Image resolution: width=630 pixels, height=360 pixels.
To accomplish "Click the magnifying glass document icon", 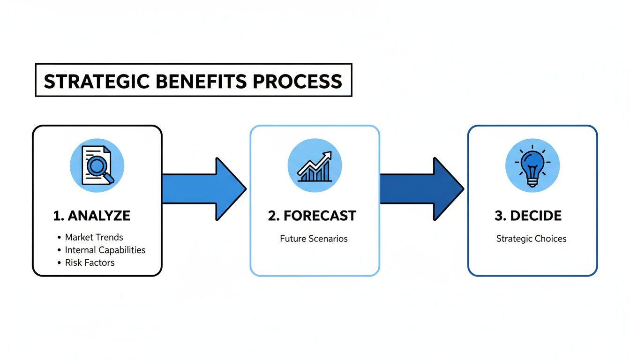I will tap(97, 165).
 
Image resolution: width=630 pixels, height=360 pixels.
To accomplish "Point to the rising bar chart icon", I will tap(315, 165).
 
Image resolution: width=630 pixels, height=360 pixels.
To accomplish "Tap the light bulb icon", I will tap(532, 165).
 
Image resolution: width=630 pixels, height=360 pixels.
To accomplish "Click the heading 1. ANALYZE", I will tap(92, 216).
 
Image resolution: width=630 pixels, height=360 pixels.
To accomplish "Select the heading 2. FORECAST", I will tap(312, 216).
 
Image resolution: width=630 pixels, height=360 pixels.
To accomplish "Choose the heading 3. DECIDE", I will tap(528, 216).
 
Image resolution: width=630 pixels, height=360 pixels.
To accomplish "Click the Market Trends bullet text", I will tap(94, 237).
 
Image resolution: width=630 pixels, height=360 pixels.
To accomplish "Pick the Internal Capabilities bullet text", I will tap(105, 250).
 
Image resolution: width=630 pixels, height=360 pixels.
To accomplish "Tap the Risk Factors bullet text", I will tap(90, 262).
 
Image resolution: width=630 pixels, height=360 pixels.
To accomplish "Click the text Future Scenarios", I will tap(314, 239).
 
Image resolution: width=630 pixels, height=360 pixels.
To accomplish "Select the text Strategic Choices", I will tap(531, 239).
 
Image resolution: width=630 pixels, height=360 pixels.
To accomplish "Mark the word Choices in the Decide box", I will tap(551, 239).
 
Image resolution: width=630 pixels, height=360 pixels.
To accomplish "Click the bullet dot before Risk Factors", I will tap(59, 263).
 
